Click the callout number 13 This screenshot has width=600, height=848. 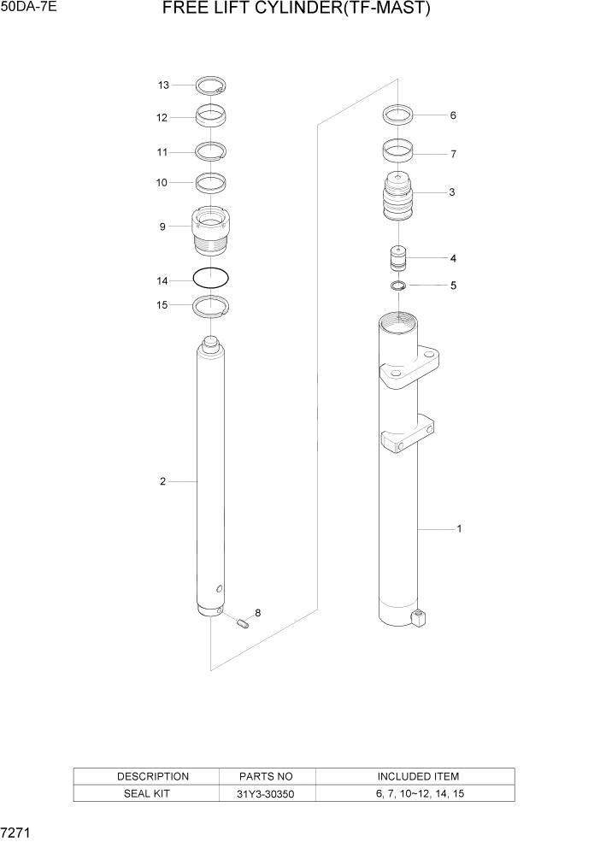pyautogui.click(x=163, y=85)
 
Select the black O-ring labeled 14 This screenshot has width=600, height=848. pyautogui.click(x=211, y=279)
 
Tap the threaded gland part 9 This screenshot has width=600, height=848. pyautogui.click(x=210, y=232)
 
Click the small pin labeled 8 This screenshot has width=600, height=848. pyautogui.click(x=242, y=621)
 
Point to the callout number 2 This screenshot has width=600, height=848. pyautogui.click(x=162, y=482)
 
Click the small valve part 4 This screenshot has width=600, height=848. pyautogui.click(x=398, y=257)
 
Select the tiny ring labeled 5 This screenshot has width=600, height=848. pyautogui.click(x=398, y=285)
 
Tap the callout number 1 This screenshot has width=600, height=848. pyautogui.click(x=459, y=529)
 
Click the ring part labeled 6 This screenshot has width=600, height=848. pyautogui.click(x=398, y=114)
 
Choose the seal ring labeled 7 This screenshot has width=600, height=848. pyautogui.click(x=398, y=150)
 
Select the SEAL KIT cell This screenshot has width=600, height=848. pyautogui.click(x=152, y=794)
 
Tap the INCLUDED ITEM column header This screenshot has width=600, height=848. pyautogui.click(x=418, y=776)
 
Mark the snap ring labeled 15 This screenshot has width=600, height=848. pyautogui.click(x=211, y=305)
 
